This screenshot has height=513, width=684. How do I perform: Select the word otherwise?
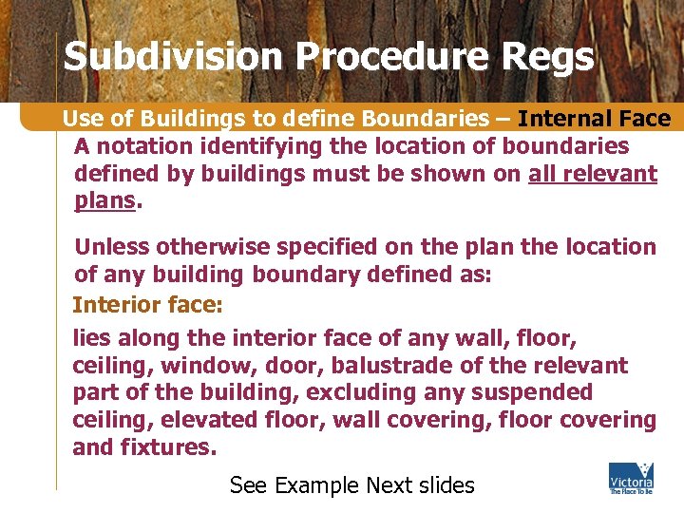pyautogui.click(x=209, y=247)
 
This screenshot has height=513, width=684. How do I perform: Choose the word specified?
pyautogui.click(x=324, y=247)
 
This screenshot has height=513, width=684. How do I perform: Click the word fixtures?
pyautogui.click(x=167, y=446)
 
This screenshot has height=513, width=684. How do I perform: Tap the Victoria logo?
pyautogui.click(x=630, y=478)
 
